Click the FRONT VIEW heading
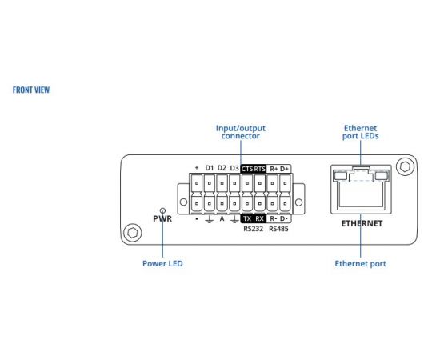(31, 90)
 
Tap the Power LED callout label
(162, 263)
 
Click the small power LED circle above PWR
(162, 210)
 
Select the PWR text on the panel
(162, 218)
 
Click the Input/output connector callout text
(241, 132)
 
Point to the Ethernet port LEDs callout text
(360, 132)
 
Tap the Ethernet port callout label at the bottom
(360, 263)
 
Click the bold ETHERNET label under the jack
(362, 223)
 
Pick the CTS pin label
(247, 169)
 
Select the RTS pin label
(260, 169)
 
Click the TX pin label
(247, 218)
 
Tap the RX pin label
(260, 218)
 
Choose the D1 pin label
(210, 168)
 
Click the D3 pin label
(234, 168)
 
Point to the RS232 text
(253, 229)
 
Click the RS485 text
(278, 229)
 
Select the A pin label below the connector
(222, 218)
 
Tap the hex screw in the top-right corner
(405, 167)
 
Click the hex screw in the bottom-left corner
(133, 233)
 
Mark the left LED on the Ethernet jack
(340, 176)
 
